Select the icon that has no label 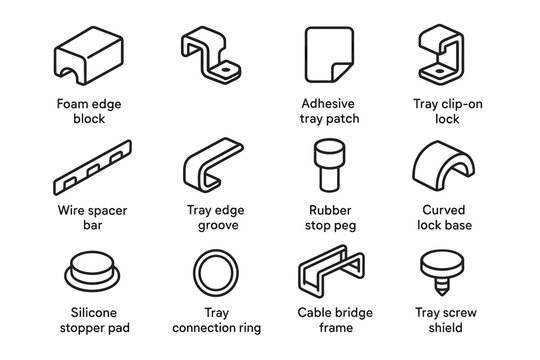click(x=213, y=58)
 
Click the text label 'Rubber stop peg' click(x=330, y=217)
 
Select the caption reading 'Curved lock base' click(x=443, y=217)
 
